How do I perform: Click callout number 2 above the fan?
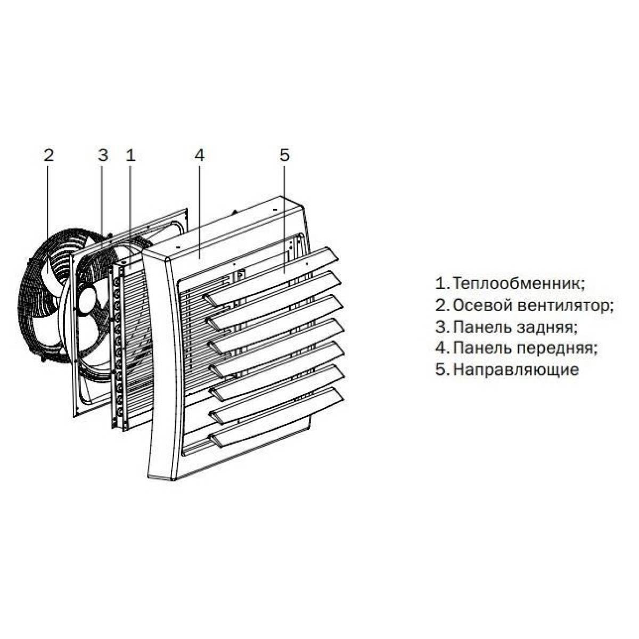pyautogui.click(x=48, y=155)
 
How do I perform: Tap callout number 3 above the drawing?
pyautogui.click(x=103, y=155)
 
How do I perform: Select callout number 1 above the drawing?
pyautogui.click(x=131, y=155)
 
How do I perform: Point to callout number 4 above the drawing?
pyautogui.click(x=199, y=155)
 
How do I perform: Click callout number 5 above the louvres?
pyautogui.click(x=284, y=155)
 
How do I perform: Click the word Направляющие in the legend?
pyautogui.click(x=515, y=370)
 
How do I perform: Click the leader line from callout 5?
pyautogui.click(x=284, y=213)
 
